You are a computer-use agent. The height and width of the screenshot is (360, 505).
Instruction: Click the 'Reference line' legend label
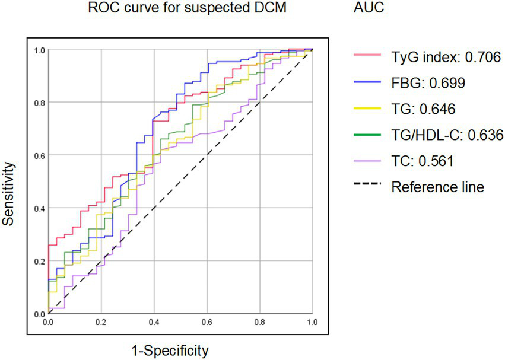point(438,187)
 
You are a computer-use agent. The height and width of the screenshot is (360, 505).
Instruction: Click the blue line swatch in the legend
point(368,83)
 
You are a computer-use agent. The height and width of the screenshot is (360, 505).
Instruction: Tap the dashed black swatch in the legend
point(368,187)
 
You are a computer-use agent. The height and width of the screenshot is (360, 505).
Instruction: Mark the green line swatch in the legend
point(368,135)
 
